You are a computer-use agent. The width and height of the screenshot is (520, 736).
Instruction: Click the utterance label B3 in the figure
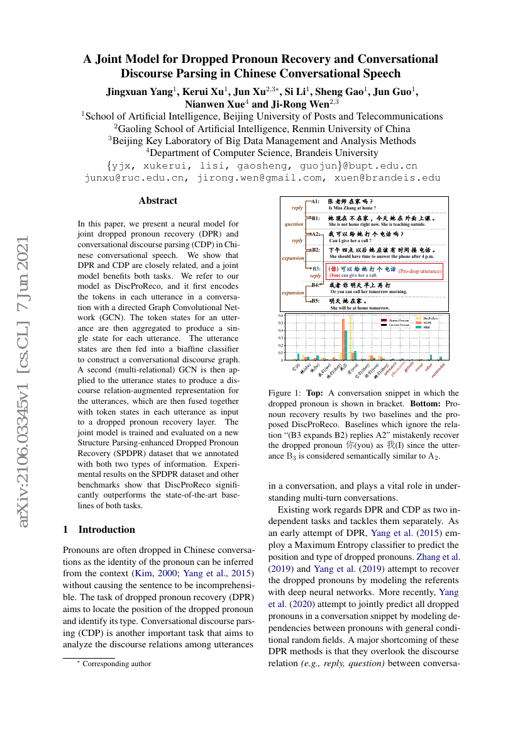click(x=316, y=269)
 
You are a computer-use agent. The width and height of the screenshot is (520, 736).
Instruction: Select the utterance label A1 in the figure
click(x=316, y=201)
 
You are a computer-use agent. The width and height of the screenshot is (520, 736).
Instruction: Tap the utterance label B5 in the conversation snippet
click(x=316, y=301)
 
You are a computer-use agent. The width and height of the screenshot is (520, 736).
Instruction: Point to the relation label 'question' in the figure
click(x=294, y=223)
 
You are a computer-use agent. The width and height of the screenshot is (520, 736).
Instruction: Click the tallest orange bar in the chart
click(x=343, y=340)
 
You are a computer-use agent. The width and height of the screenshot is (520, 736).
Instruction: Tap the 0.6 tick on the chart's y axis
click(x=282, y=324)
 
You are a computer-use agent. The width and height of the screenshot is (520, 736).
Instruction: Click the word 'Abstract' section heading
click(x=158, y=201)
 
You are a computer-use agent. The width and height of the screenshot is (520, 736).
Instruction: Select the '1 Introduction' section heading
click(x=99, y=529)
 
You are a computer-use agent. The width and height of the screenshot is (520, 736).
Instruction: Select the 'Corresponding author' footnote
click(x=117, y=663)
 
